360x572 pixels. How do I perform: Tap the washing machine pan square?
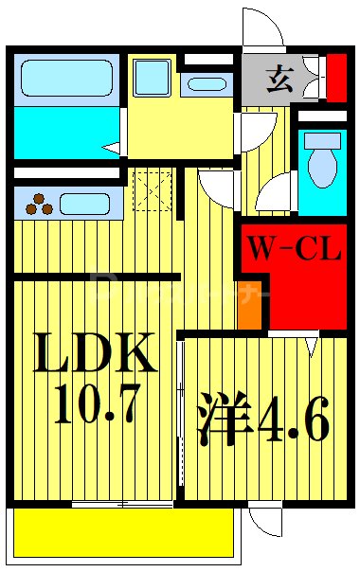coord(152,77)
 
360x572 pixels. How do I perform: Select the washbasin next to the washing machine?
coord(207,83)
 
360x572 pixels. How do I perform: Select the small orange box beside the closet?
coord(249,305)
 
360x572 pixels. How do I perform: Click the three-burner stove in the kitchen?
coord(39,202)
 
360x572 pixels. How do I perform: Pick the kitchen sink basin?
coord(86,202)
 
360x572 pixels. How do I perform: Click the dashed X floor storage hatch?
coord(153,190)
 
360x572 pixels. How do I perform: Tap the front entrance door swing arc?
coord(262,27)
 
